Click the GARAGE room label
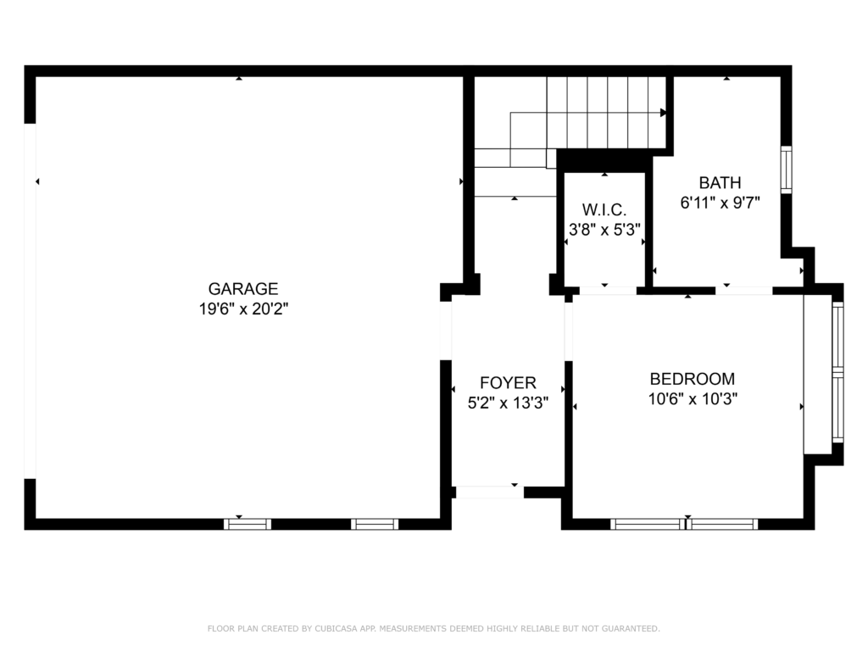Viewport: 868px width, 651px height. pos(243,289)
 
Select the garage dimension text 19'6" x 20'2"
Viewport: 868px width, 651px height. pos(243,309)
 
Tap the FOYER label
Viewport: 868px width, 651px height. pos(508,383)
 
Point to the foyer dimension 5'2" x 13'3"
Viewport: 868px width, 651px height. pos(508,403)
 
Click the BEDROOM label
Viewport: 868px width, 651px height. pos(692,379)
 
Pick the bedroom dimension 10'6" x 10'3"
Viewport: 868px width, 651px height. pos(692,399)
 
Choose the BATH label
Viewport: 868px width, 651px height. pos(720,182)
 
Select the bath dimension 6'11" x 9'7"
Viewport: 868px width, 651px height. pos(720,203)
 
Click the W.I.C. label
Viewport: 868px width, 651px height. pos(604,209)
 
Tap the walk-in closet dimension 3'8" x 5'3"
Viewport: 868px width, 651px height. pos(604,229)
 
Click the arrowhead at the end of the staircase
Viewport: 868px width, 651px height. pos(663,112)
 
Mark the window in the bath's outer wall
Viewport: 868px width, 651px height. pos(786,170)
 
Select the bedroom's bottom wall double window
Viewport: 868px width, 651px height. pos(684,524)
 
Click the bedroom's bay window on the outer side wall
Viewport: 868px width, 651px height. pos(837,372)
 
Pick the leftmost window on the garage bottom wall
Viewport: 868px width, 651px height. pos(248,524)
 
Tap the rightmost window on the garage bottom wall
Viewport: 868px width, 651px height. pos(375,524)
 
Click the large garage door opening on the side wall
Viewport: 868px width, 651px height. pos(31,301)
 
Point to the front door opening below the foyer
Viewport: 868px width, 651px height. pos(489,492)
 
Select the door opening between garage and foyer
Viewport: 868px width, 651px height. pos(446,331)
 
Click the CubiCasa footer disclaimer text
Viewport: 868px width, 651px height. pos(433,628)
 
